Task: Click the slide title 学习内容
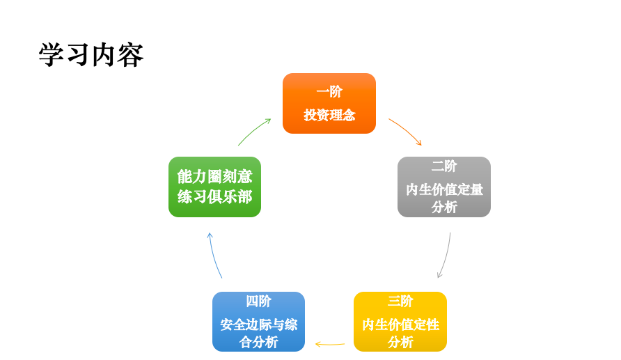(91, 55)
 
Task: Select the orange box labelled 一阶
(329, 103)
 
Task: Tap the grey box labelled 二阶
(443, 187)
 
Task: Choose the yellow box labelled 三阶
(400, 322)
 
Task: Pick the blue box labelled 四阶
(258, 322)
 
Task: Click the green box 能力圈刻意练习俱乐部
(214, 187)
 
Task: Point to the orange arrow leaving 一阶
(406, 131)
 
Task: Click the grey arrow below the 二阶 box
(445, 256)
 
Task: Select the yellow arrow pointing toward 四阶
(329, 344)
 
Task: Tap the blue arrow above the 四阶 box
(214, 256)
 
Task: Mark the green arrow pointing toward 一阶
(254, 131)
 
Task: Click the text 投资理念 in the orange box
(329, 115)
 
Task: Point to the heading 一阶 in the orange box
(329, 92)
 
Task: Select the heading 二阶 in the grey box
(444, 166)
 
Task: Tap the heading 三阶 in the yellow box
(400, 302)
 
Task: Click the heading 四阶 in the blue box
(258, 302)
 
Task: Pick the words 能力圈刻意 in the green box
(214, 176)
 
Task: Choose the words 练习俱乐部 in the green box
(214, 197)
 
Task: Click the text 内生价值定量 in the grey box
(444, 189)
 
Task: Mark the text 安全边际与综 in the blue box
(258, 324)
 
